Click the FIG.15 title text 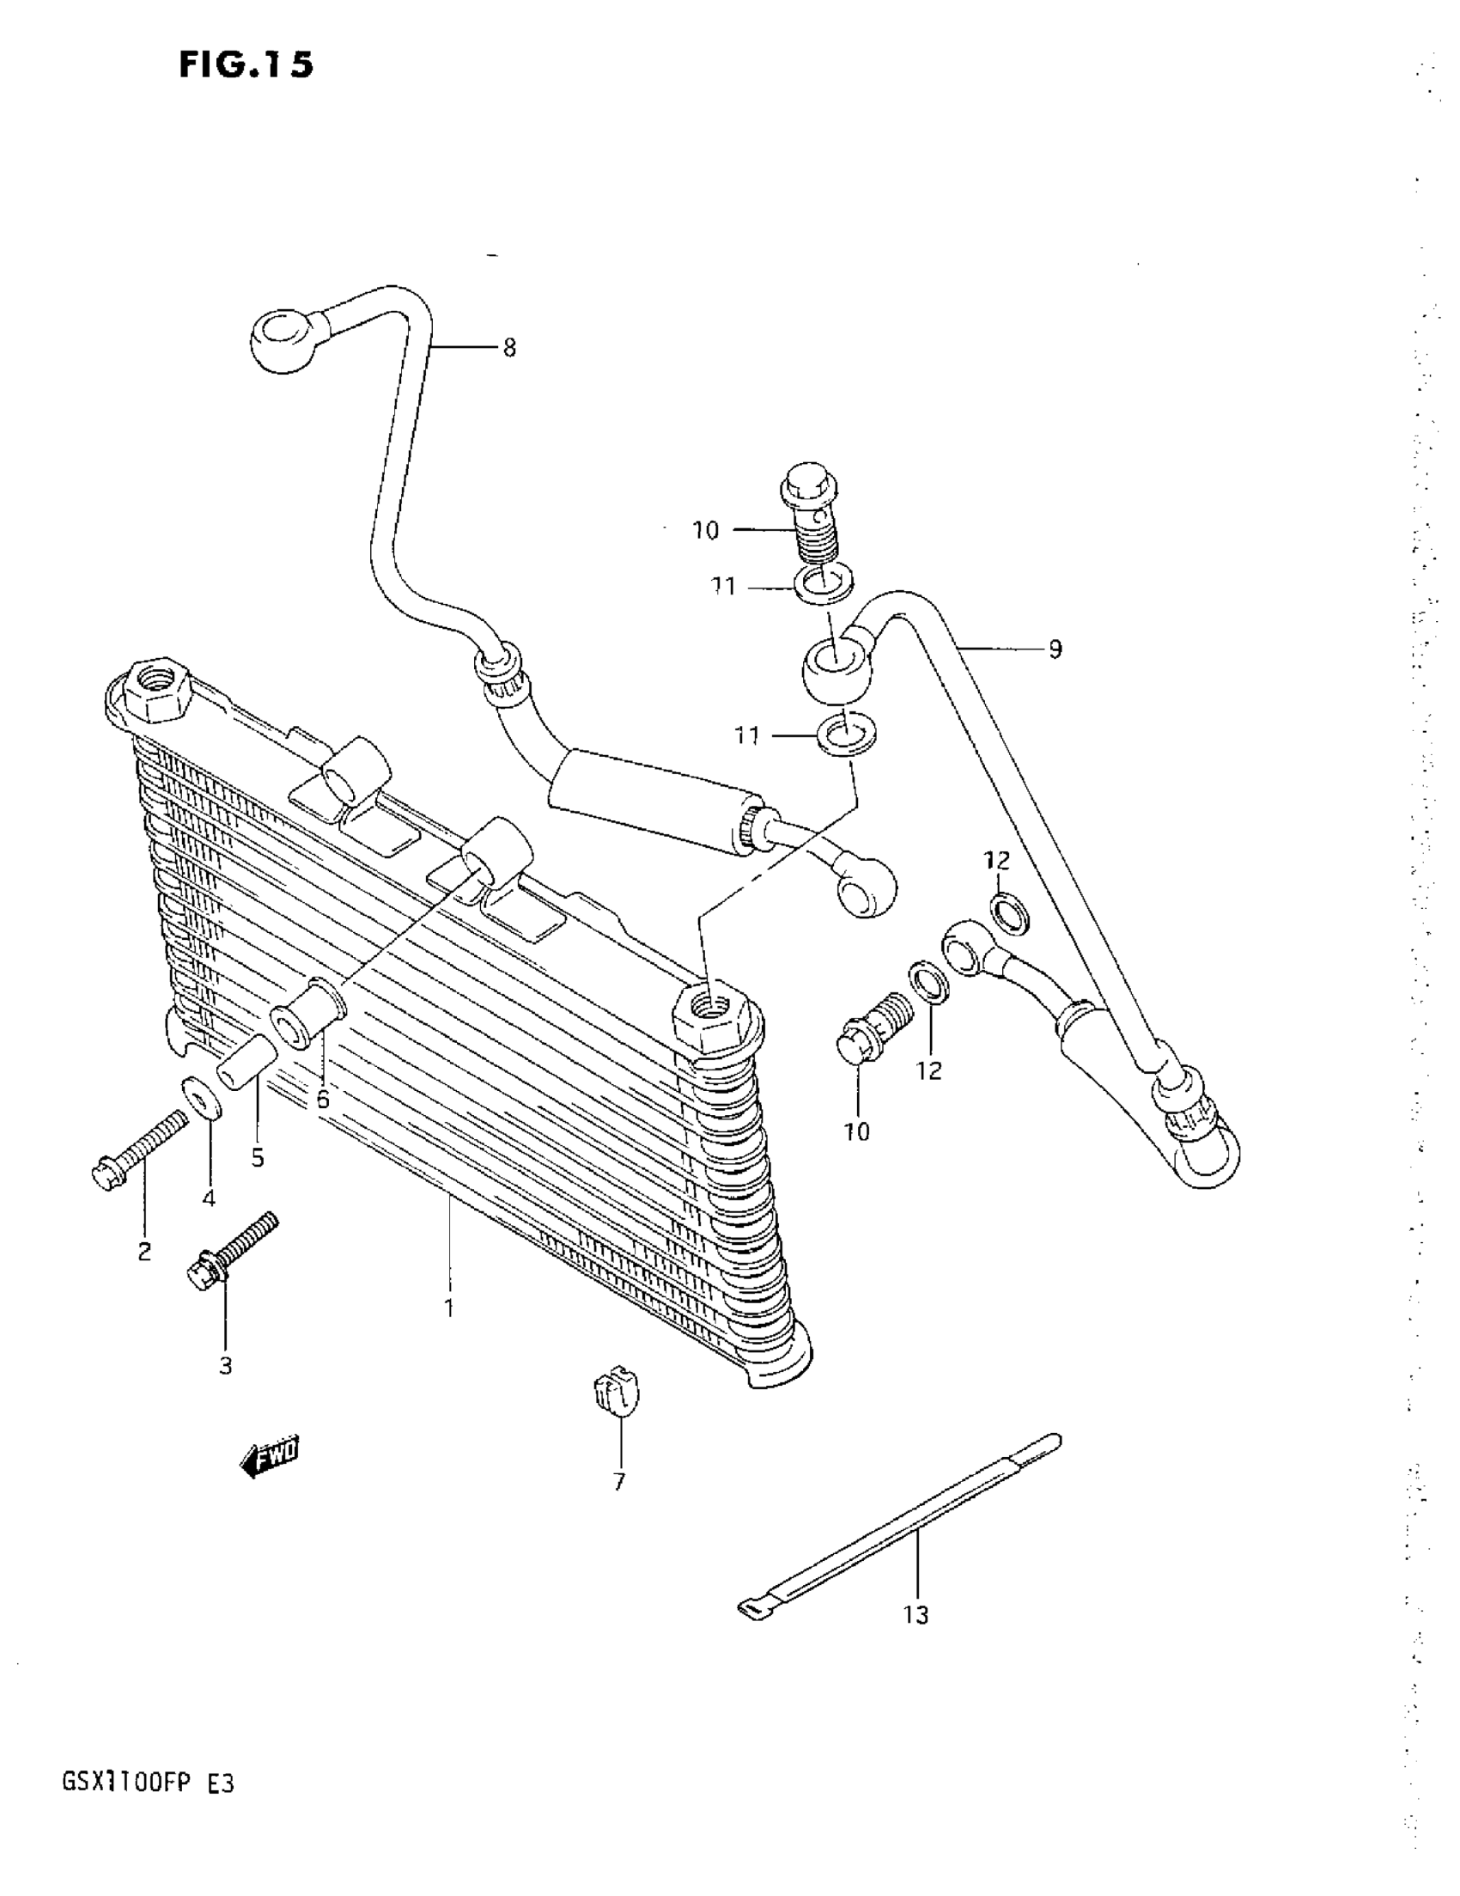[x=246, y=65]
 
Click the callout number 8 [x=509, y=348]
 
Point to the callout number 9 [x=1055, y=649]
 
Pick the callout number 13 [x=916, y=1616]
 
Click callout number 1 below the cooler [x=449, y=1308]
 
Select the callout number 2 [x=144, y=1251]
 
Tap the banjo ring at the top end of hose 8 [x=283, y=342]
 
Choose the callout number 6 [x=323, y=1100]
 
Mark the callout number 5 [x=258, y=1157]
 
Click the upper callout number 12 [x=996, y=860]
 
